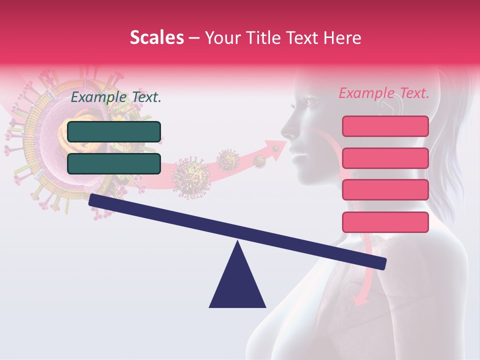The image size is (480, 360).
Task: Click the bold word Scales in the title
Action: pos(156,37)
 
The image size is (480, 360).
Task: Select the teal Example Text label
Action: pos(116,97)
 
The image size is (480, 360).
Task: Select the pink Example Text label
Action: pos(384,93)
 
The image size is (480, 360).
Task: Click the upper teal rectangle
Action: pos(114,131)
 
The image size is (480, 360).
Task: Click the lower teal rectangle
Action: pos(114,163)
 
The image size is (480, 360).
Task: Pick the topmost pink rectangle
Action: pos(385,126)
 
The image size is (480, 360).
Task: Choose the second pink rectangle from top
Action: pos(385,158)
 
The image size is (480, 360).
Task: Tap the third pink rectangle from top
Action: pos(385,190)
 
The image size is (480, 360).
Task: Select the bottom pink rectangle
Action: pos(385,222)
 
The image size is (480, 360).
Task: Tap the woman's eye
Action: pos(311,102)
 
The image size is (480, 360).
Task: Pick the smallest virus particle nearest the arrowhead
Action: pos(259,160)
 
